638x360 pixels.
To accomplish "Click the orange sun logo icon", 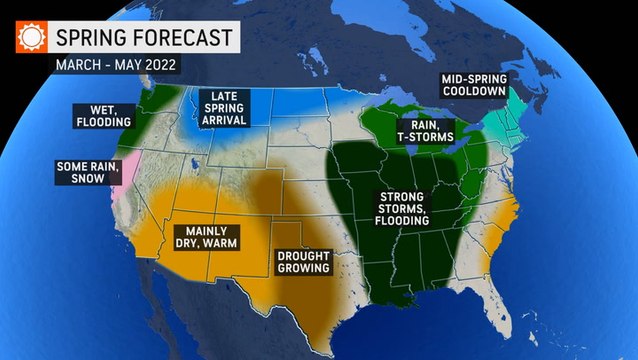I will coord(33,38).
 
